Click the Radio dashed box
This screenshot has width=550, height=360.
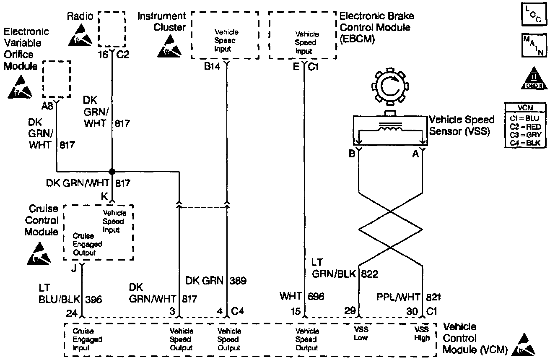[111, 29]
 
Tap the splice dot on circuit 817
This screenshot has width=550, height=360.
[112, 171]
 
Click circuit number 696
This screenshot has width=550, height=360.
[315, 297]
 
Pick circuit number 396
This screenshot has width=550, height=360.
[93, 300]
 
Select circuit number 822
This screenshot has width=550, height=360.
[370, 274]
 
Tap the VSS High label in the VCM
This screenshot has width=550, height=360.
[422, 334]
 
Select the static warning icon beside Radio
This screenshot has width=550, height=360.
[81, 36]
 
